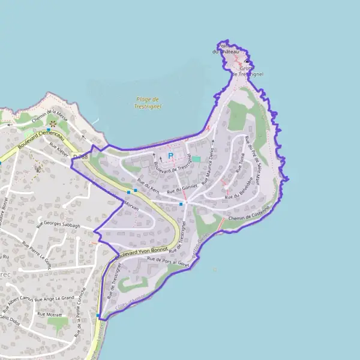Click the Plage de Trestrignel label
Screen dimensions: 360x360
(147, 103)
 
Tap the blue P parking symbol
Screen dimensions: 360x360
(170, 156)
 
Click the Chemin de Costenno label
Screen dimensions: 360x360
(249, 212)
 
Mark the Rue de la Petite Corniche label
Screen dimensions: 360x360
(80, 311)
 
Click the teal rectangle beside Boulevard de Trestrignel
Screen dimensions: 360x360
(196, 159)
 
